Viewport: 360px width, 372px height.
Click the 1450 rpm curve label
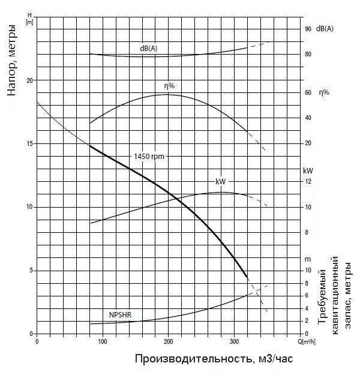click(149, 157)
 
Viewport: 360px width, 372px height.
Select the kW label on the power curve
click(220, 181)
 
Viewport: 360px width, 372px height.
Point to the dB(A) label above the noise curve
click(149, 48)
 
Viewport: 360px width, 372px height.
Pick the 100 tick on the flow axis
click(103, 342)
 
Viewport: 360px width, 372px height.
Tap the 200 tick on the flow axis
click(168, 342)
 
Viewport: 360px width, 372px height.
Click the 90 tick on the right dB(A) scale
click(308, 29)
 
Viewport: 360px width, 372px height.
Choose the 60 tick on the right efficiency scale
click(308, 92)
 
